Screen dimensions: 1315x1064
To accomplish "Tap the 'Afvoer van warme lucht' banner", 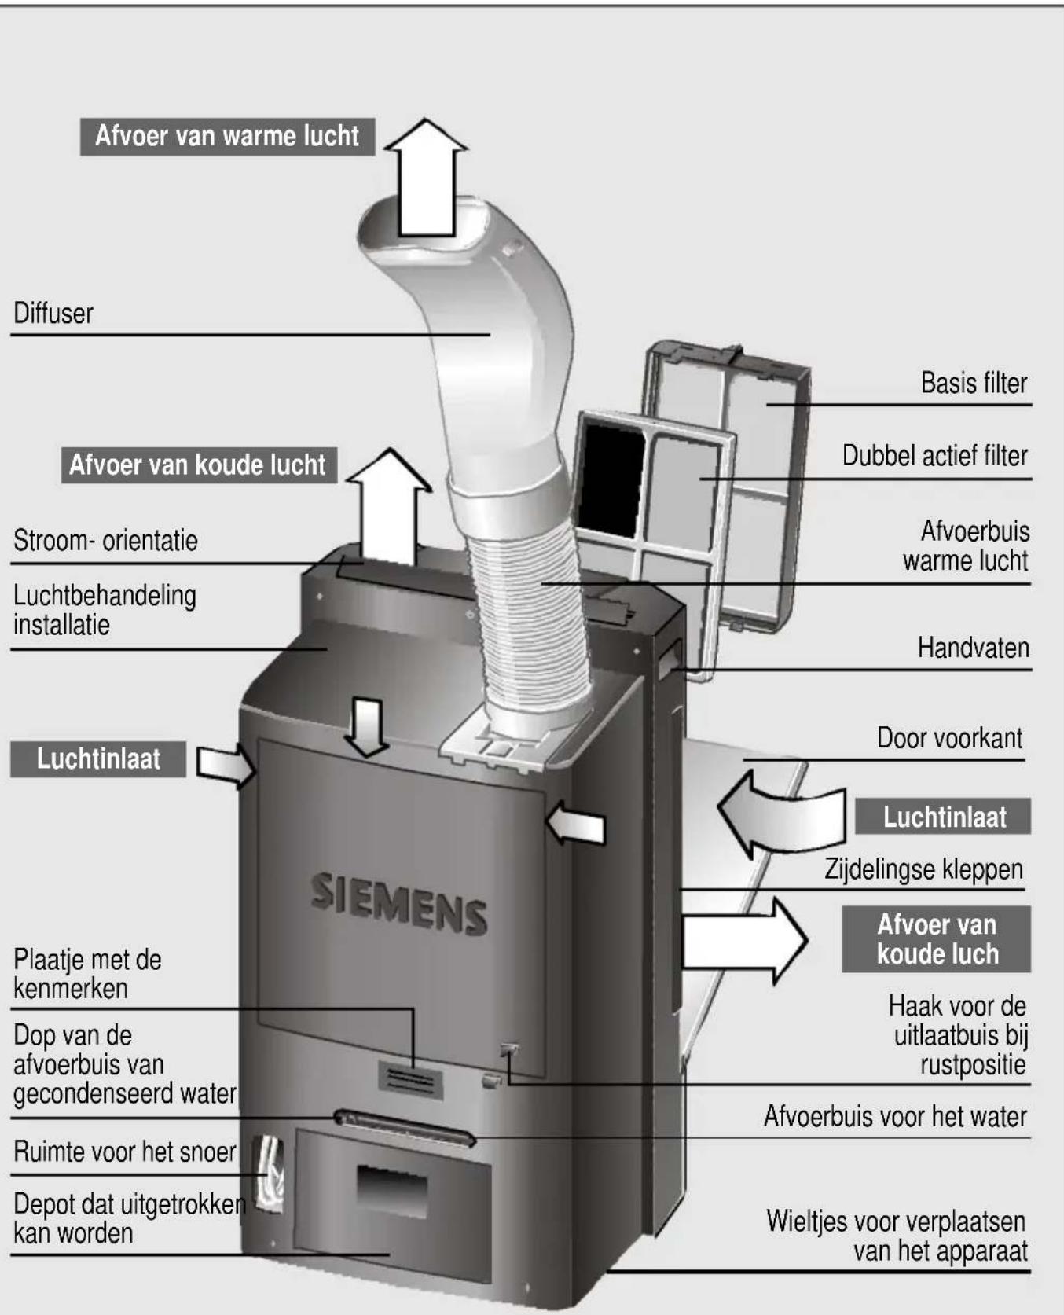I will [x=227, y=136].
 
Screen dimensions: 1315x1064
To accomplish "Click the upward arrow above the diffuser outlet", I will [x=427, y=179].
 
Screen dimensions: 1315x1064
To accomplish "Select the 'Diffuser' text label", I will [x=53, y=314].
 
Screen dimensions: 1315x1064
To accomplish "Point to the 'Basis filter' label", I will [x=974, y=384].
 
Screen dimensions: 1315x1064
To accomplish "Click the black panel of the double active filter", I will [x=611, y=478].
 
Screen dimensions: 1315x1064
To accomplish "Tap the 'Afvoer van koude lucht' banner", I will [x=198, y=465].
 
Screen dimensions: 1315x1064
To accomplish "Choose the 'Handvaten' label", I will [x=973, y=648].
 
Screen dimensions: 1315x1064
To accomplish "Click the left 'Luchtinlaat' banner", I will [x=98, y=759].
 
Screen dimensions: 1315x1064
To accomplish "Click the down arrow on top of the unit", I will [x=367, y=727].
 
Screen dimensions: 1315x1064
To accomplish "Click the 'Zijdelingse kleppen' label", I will [x=923, y=870].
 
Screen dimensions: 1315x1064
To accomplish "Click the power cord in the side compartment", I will [x=268, y=1168].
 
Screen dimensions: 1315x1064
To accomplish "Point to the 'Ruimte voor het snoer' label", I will [x=124, y=1152].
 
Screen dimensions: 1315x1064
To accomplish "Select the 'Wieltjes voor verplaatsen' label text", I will [x=896, y=1222].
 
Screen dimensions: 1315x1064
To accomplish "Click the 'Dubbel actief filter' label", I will [x=934, y=456].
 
